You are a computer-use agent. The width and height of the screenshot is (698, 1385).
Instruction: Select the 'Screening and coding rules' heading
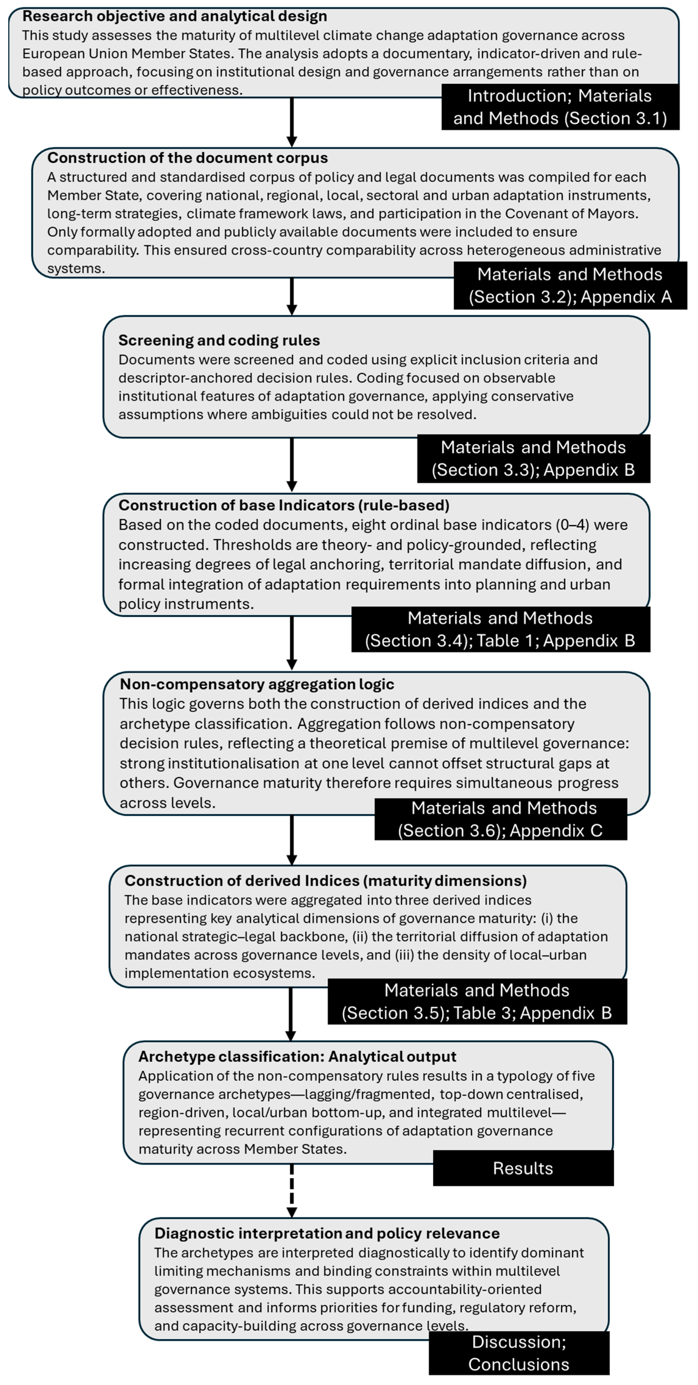coord(219,340)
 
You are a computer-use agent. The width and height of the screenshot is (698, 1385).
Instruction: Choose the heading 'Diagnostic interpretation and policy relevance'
coord(327,1233)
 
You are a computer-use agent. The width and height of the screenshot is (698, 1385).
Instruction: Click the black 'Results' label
coord(523,1168)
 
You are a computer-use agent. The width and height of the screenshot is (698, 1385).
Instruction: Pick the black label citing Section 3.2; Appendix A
coord(570,286)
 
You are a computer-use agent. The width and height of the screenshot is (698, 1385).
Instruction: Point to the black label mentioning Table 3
coord(477,1002)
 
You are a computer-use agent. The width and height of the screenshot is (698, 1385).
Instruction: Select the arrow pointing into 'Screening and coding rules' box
coord(292,296)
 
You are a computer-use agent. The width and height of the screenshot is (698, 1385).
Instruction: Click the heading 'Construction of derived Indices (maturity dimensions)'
coord(325,881)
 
